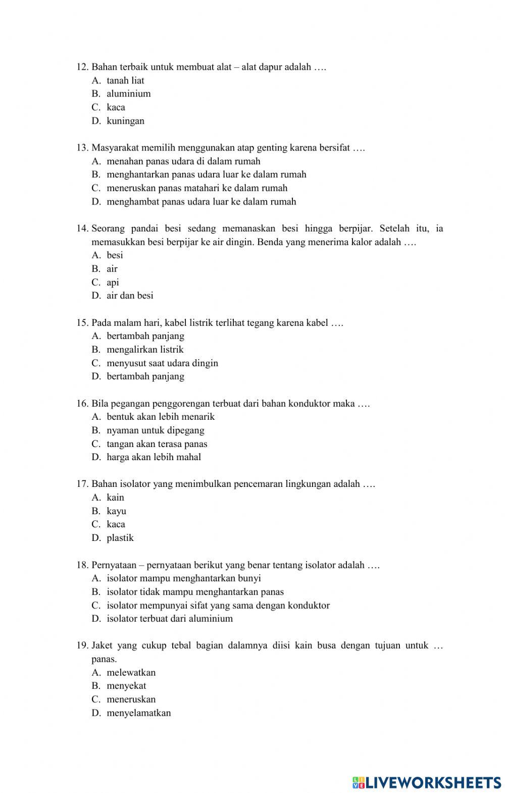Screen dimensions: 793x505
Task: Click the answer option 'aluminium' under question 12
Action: tap(128, 93)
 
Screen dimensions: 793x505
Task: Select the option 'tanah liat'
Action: tap(125, 80)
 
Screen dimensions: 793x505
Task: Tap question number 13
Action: tap(83, 147)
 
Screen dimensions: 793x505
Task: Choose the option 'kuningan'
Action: tap(125, 121)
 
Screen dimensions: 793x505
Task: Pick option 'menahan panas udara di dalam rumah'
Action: tap(183, 161)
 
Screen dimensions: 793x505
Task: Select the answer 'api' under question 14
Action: tap(113, 282)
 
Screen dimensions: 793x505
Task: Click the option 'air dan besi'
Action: tap(130, 295)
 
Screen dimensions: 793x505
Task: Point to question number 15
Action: tap(83, 323)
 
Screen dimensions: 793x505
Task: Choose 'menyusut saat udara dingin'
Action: tap(162, 363)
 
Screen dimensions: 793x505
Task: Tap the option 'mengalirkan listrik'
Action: tap(145, 350)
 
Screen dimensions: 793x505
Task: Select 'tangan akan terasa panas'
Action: tap(157, 444)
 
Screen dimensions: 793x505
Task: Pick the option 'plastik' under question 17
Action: tap(120, 538)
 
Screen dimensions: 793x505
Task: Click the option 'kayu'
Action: tap(116, 511)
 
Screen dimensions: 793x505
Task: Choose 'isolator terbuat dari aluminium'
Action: tap(170, 619)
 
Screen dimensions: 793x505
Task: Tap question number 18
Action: tap(83, 565)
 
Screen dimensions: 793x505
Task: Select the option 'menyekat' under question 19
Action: tap(126, 686)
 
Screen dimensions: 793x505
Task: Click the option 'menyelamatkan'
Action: tap(138, 713)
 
